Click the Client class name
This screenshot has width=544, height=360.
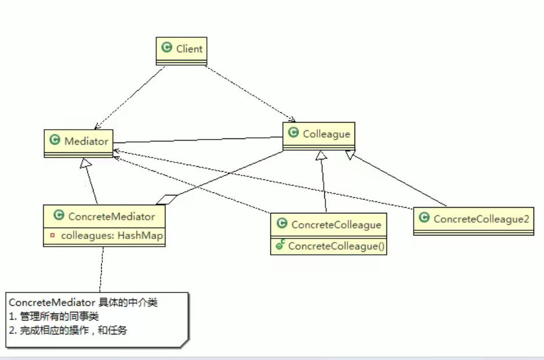[189, 49]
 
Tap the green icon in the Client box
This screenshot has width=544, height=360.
[167, 48]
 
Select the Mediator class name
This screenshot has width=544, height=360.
[86, 141]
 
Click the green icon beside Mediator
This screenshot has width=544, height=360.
[55, 140]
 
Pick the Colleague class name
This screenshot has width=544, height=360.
[326, 134]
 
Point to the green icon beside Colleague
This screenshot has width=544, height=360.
[294, 133]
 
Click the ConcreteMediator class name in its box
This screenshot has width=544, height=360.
[112, 216]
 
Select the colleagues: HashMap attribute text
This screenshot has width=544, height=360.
[112, 236]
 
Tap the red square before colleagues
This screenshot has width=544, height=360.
[53, 236]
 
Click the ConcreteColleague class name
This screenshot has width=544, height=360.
[336, 224]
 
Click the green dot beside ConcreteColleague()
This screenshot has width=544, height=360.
[280, 246]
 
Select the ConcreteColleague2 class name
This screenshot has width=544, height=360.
[482, 219]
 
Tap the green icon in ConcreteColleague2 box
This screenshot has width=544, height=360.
[424, 218]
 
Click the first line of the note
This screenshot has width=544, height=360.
[83, 303]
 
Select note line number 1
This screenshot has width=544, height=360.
[54, 317]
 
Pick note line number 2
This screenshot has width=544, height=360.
[68, 330]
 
